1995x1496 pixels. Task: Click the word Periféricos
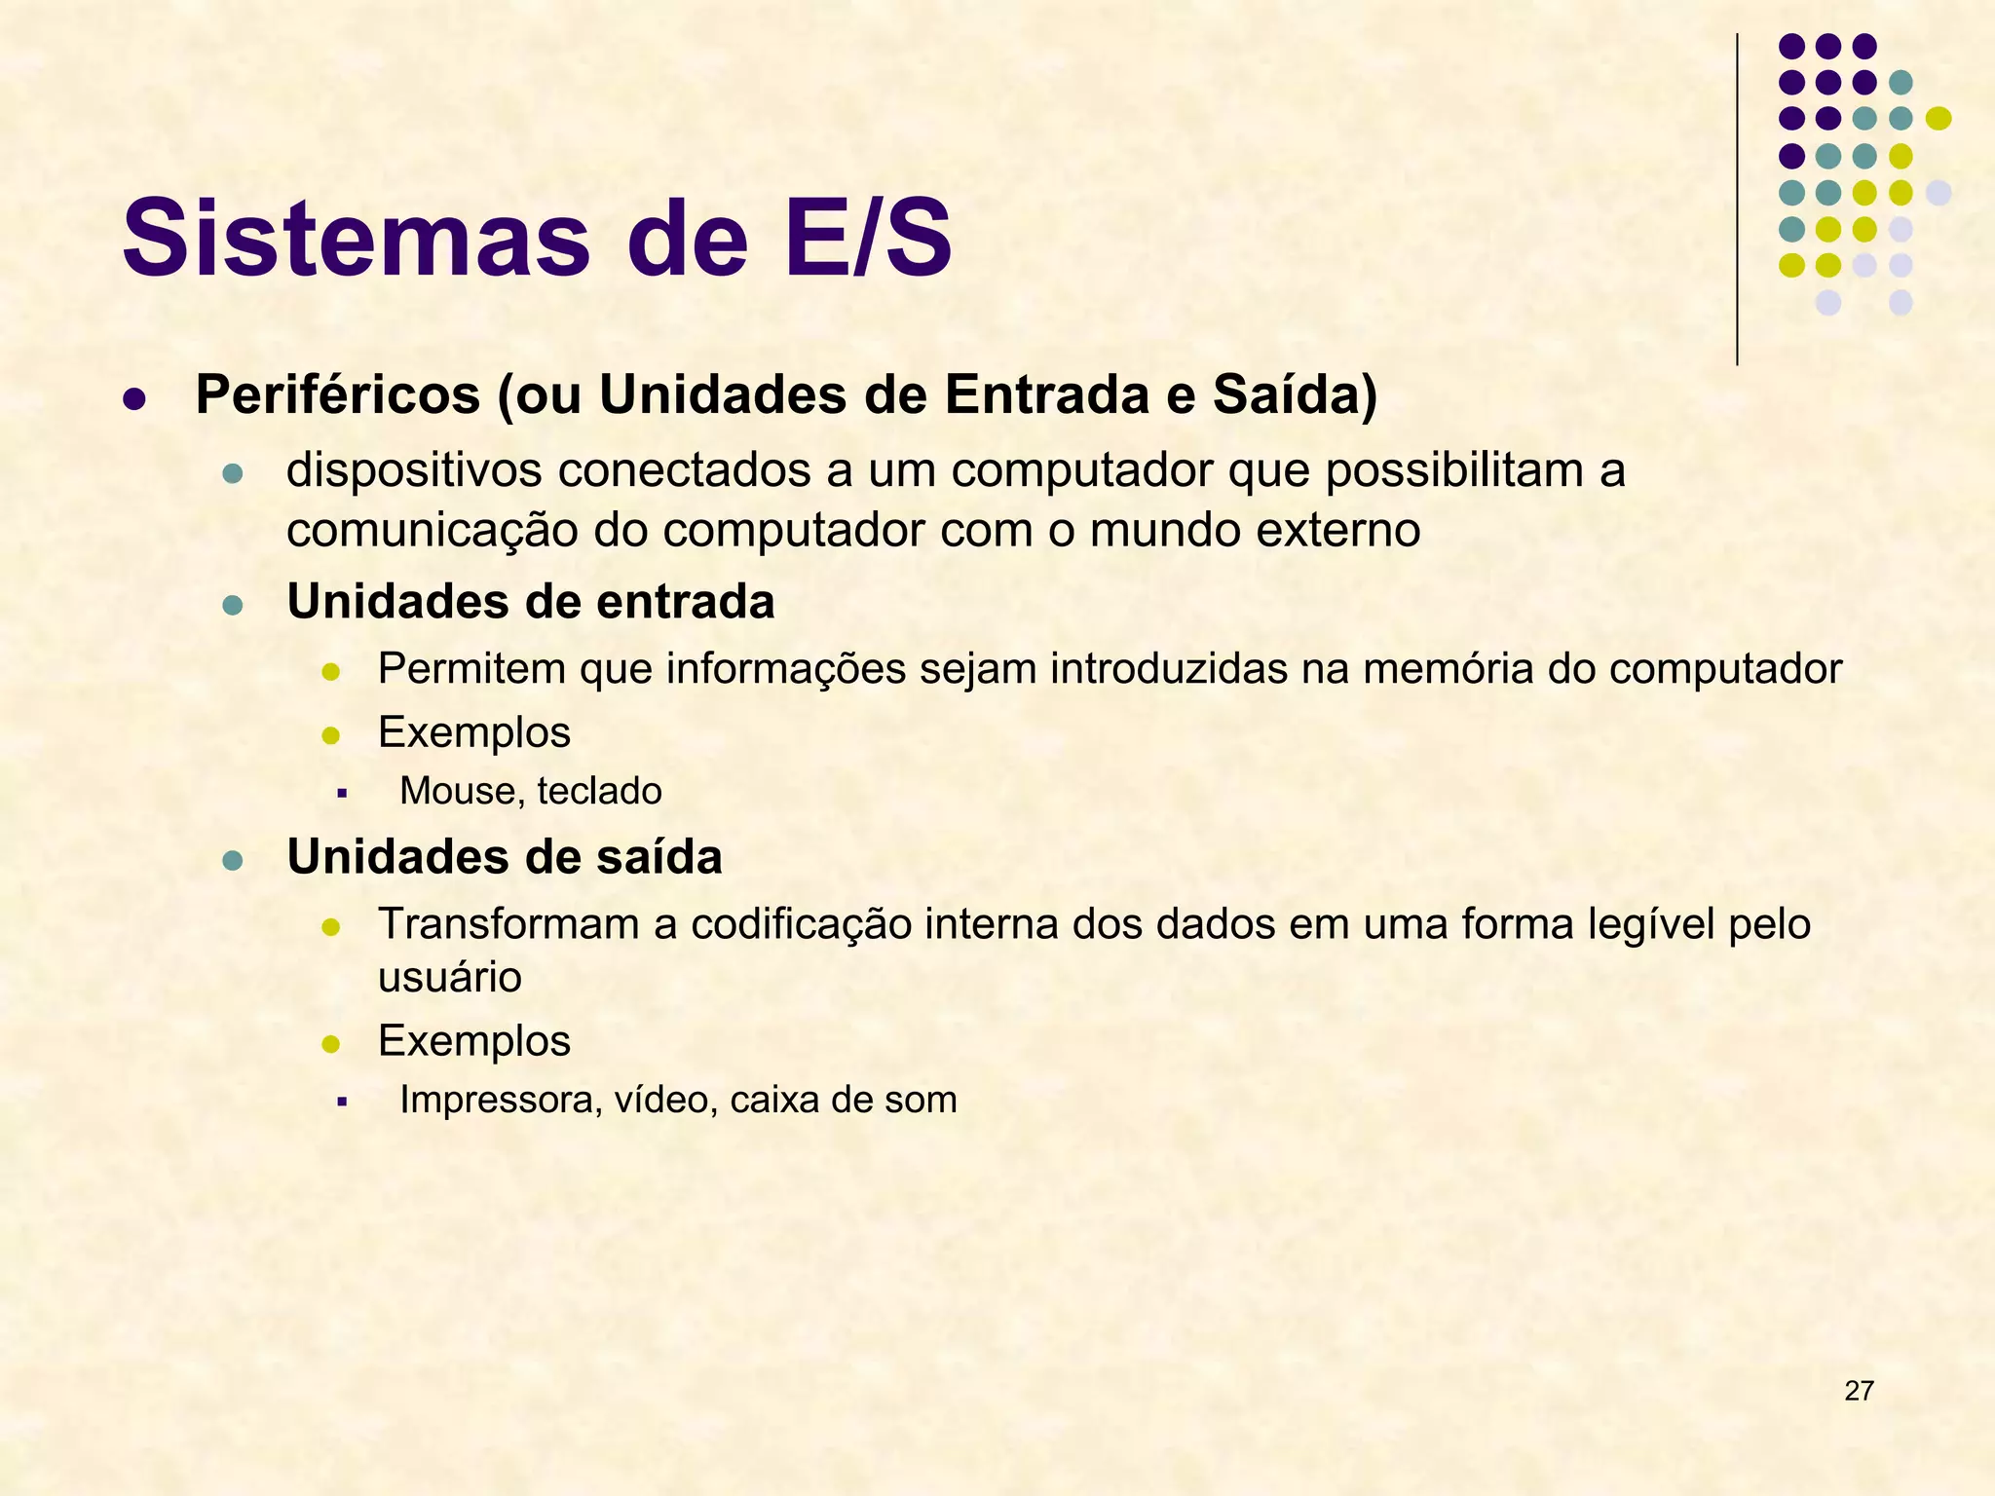(x=338, y=395)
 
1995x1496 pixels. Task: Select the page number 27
(x=1859, y=1391)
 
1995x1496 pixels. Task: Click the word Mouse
(x=456, y=791)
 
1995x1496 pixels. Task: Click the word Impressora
(x=500, y=1100)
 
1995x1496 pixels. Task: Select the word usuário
(x=449, y=978)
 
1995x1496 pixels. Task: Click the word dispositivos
(x=414, y=471)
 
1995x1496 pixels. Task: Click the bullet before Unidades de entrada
(x=232, y=605)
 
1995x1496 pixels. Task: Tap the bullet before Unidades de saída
(x=232, y=860)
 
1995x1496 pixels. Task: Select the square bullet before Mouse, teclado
(x=341, y=794)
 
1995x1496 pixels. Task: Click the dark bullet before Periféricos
(x=134, y=399)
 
